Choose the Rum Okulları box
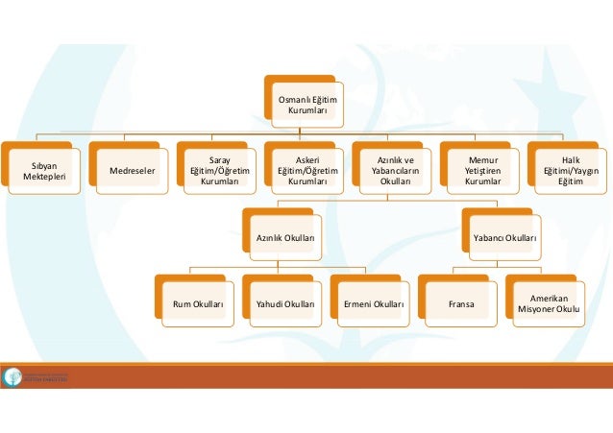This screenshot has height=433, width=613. [x=198, y=303]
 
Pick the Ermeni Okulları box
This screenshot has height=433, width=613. [x=373, y=303]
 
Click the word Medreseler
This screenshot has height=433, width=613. [x=132, y=172]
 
